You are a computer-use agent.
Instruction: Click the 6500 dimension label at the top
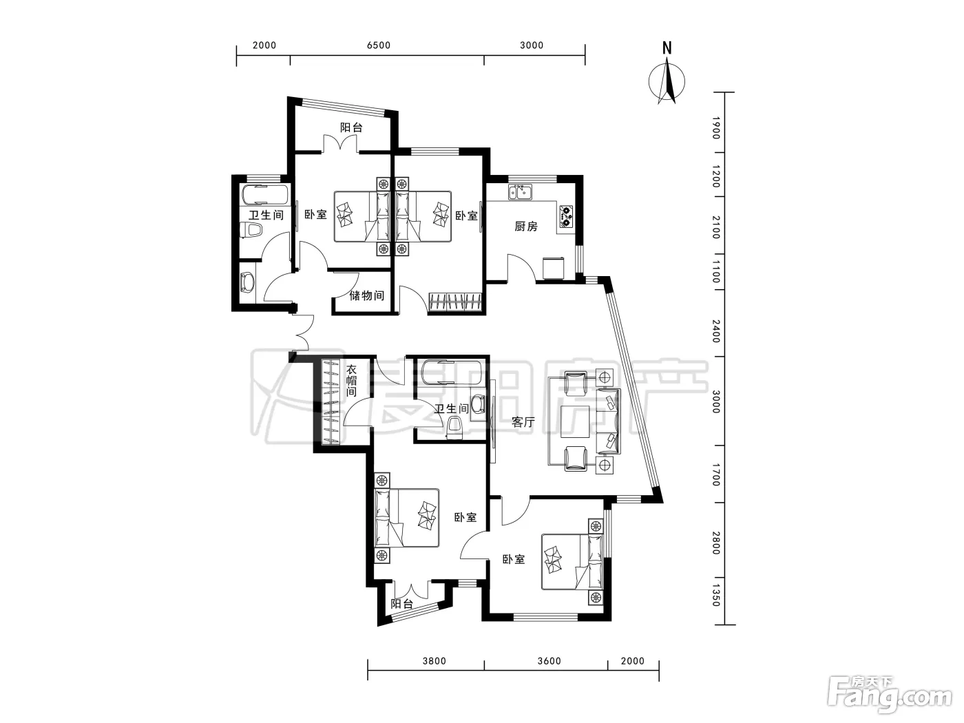(x=379, y=45)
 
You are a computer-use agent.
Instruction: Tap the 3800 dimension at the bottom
(x=434, y=660)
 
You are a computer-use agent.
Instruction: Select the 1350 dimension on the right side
(x=716, y=595)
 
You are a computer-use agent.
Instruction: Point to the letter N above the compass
(x=667, y=48)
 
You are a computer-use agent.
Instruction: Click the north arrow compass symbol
(x=667, y=82)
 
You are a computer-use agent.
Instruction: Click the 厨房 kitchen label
(x=525, y=227)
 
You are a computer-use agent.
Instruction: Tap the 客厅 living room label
(x=523, y=422)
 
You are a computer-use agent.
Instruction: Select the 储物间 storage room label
(x=367, y=295)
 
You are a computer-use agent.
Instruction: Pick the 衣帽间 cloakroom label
(x=351, y=381)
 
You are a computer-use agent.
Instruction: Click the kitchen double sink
(x=520, y=192)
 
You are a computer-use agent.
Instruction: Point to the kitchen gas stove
(x=566, y=216)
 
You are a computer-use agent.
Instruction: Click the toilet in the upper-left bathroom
(x=251, y=229)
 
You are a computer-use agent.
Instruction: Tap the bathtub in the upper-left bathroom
(x=264, y=194)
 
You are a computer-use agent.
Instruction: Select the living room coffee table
(x=575, y=421)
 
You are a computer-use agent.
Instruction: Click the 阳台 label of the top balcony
(x=351, y=128)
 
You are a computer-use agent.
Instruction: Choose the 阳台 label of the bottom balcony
(x=402, y=604)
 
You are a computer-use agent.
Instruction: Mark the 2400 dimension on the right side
(x=716, y=331)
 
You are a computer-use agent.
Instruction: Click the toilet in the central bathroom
(x=454, y=427)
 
